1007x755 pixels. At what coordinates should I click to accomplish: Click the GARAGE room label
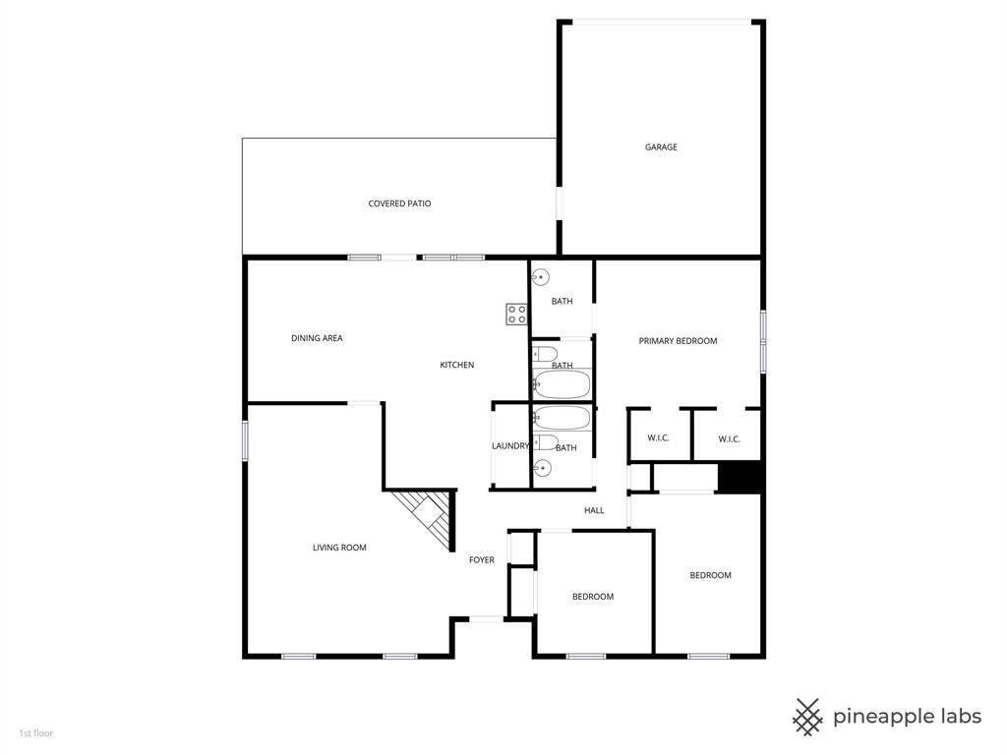click(x=661, y=147)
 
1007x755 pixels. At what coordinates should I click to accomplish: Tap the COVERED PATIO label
click(x=399, y=203)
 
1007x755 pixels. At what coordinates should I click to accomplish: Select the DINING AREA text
click(x=317, y=338)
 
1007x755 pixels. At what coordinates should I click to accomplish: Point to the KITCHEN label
click(x=456, y=365)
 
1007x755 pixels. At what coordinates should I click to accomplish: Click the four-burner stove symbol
click(x=516, y=315)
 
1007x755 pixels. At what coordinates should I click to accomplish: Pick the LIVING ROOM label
click(x=339, y=548)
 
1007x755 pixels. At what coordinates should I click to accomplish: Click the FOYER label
click(x=482, y=560)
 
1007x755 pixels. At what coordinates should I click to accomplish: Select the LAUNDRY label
click(x=510, y=446)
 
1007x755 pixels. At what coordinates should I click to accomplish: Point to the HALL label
click(x=594, y=510)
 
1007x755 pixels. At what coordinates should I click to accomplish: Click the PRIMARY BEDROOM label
click(x=678, y=341)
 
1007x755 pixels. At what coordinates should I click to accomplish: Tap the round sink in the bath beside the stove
click(x=542, y=278)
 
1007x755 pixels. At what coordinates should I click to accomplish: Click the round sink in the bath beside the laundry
click(x=542, y=469)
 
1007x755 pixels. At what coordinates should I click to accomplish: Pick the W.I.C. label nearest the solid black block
click(x=729, y=438)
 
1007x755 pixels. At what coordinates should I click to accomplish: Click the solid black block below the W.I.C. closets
click(x=740, y=478)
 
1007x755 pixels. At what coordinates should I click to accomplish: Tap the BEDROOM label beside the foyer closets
click(x=593, y=597)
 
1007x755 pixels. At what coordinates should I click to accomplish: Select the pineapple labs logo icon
click(x=807, y=717)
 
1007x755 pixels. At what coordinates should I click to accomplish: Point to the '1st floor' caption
click(x=36, y=733)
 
